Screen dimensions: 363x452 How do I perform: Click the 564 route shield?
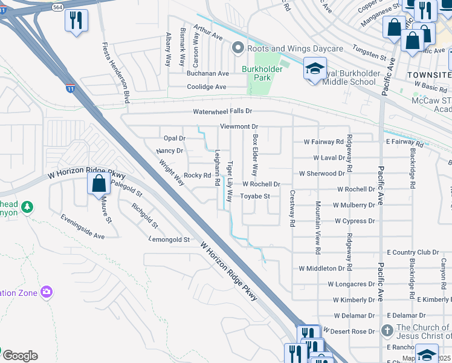pyautogui.click(x=57, y=7)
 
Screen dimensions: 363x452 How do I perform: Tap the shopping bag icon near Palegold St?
pyautogui.click(x=98, y=183)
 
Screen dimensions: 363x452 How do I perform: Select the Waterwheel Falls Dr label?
pyautogui.click(x=222, y=112)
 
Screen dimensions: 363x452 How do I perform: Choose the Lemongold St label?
pyautogui.click(x=170, y=240)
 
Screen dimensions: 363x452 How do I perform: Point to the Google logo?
pyautogui.click(x=20, y=356)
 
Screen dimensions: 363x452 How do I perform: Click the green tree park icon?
pyautogui.click(x=27, y=208)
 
